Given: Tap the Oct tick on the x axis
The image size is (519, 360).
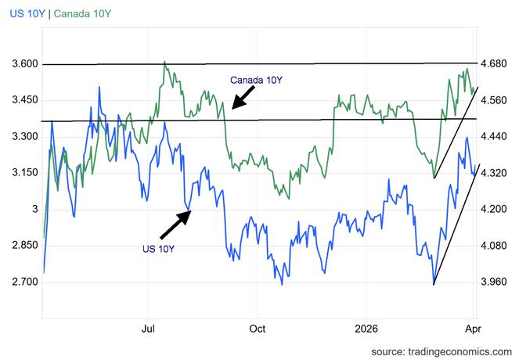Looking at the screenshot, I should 258,329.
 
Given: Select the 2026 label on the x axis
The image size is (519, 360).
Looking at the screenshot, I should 366,329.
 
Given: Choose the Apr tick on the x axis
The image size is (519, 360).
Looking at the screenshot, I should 473,329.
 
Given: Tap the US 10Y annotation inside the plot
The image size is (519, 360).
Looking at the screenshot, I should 157,249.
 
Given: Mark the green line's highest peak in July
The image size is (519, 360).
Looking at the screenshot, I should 164,61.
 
